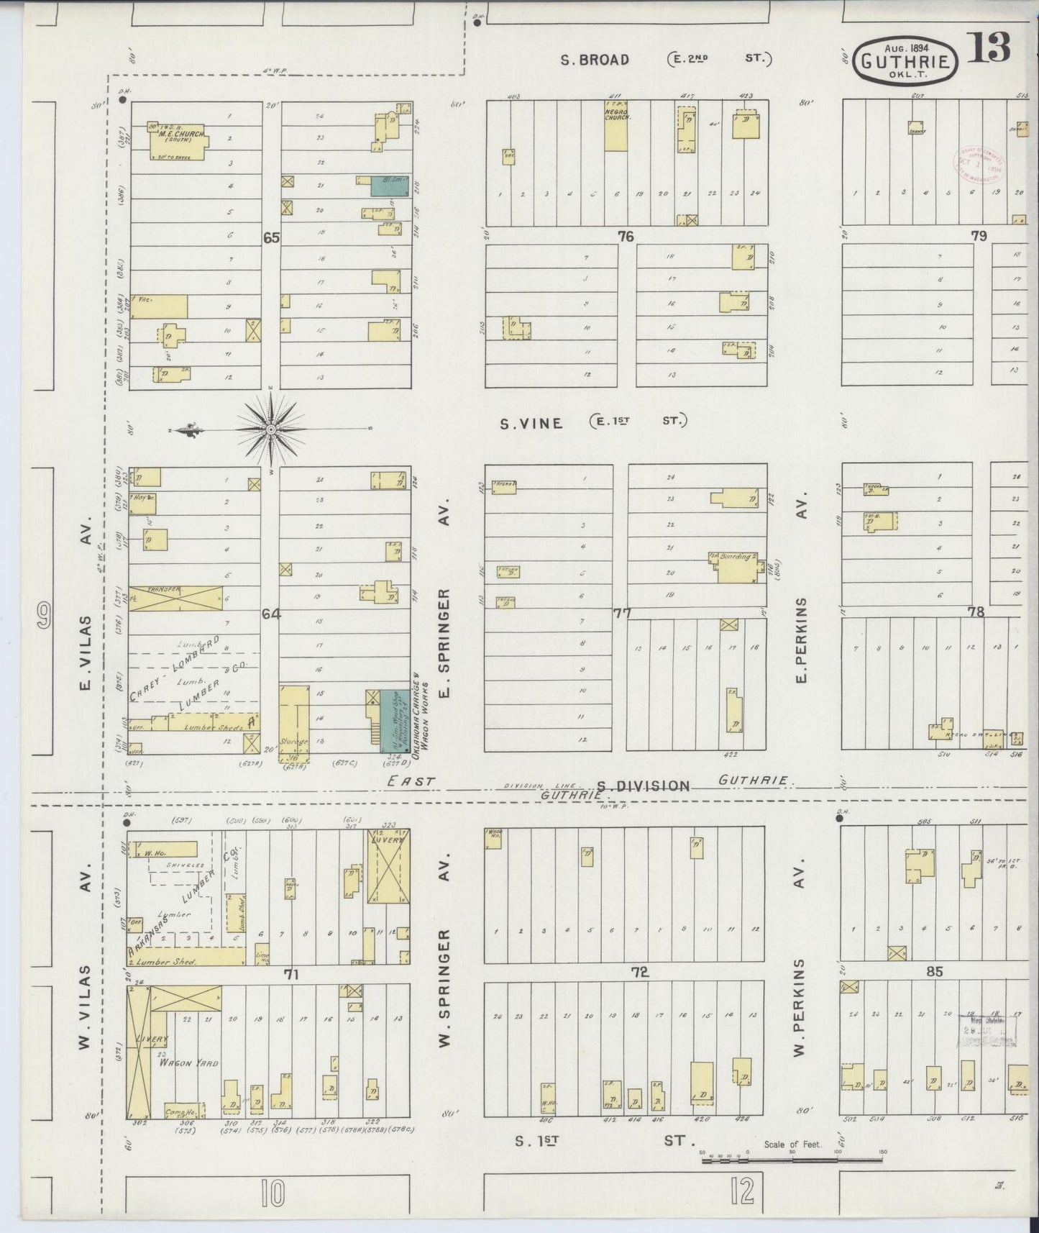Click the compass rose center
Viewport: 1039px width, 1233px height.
272,430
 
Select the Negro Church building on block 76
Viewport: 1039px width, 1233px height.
616,126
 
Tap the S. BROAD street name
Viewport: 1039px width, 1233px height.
595,60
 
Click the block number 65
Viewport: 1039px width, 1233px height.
270,238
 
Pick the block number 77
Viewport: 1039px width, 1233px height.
622,614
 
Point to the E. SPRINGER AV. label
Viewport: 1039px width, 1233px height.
444,642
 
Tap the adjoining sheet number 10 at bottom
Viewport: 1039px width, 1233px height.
273,1195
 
